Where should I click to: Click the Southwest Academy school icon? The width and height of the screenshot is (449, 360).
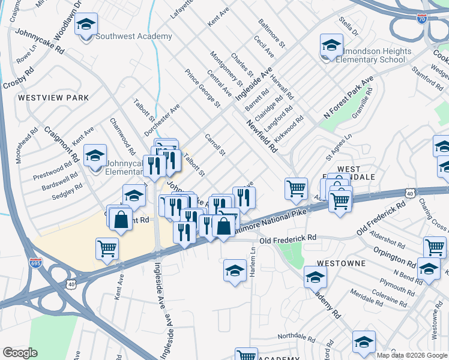point(87,26)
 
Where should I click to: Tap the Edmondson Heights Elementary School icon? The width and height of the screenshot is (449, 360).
point(331,47)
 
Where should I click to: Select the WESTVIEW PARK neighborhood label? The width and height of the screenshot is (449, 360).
point(53,97)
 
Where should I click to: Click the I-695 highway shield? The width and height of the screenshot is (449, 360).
point(35,263)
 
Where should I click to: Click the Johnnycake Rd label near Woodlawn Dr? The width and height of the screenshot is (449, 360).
point(40,41)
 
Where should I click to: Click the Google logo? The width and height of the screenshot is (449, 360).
point(20,353)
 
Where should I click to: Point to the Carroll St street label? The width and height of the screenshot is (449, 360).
point(214,144)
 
